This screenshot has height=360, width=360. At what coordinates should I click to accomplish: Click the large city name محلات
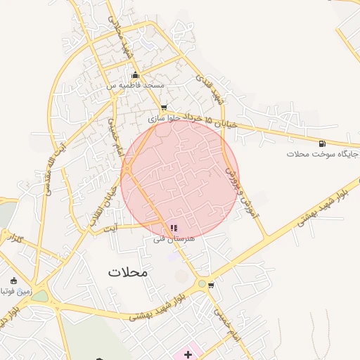[x=129, y=271]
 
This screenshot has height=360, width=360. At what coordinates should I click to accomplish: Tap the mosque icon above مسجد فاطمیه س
[x=136, y=75]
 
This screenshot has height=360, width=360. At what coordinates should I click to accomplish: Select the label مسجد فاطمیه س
[x=136, y=85]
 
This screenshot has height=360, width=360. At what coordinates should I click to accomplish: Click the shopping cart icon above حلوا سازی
[x=164, y=108]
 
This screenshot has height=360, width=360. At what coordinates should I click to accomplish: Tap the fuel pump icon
[x=322, y=143]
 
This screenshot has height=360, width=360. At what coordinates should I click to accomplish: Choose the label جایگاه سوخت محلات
[x=323, y=153]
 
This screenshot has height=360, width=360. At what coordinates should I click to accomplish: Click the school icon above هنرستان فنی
[x=174, y=228]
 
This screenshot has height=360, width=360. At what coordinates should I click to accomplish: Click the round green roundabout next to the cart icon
[x=202, y=284]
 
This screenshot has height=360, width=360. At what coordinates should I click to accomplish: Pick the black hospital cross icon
[x=188, y=354]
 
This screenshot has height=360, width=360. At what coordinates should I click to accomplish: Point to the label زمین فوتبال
[x=13, y=290]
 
